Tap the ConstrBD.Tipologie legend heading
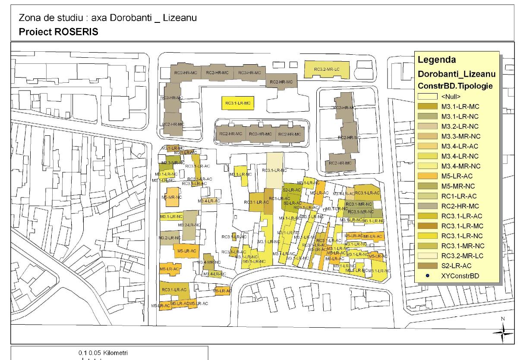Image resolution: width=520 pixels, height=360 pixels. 455,86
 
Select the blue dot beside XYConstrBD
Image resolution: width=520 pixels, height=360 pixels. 426,275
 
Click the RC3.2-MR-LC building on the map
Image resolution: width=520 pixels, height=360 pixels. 326,69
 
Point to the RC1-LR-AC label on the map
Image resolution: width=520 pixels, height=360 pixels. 279,198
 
